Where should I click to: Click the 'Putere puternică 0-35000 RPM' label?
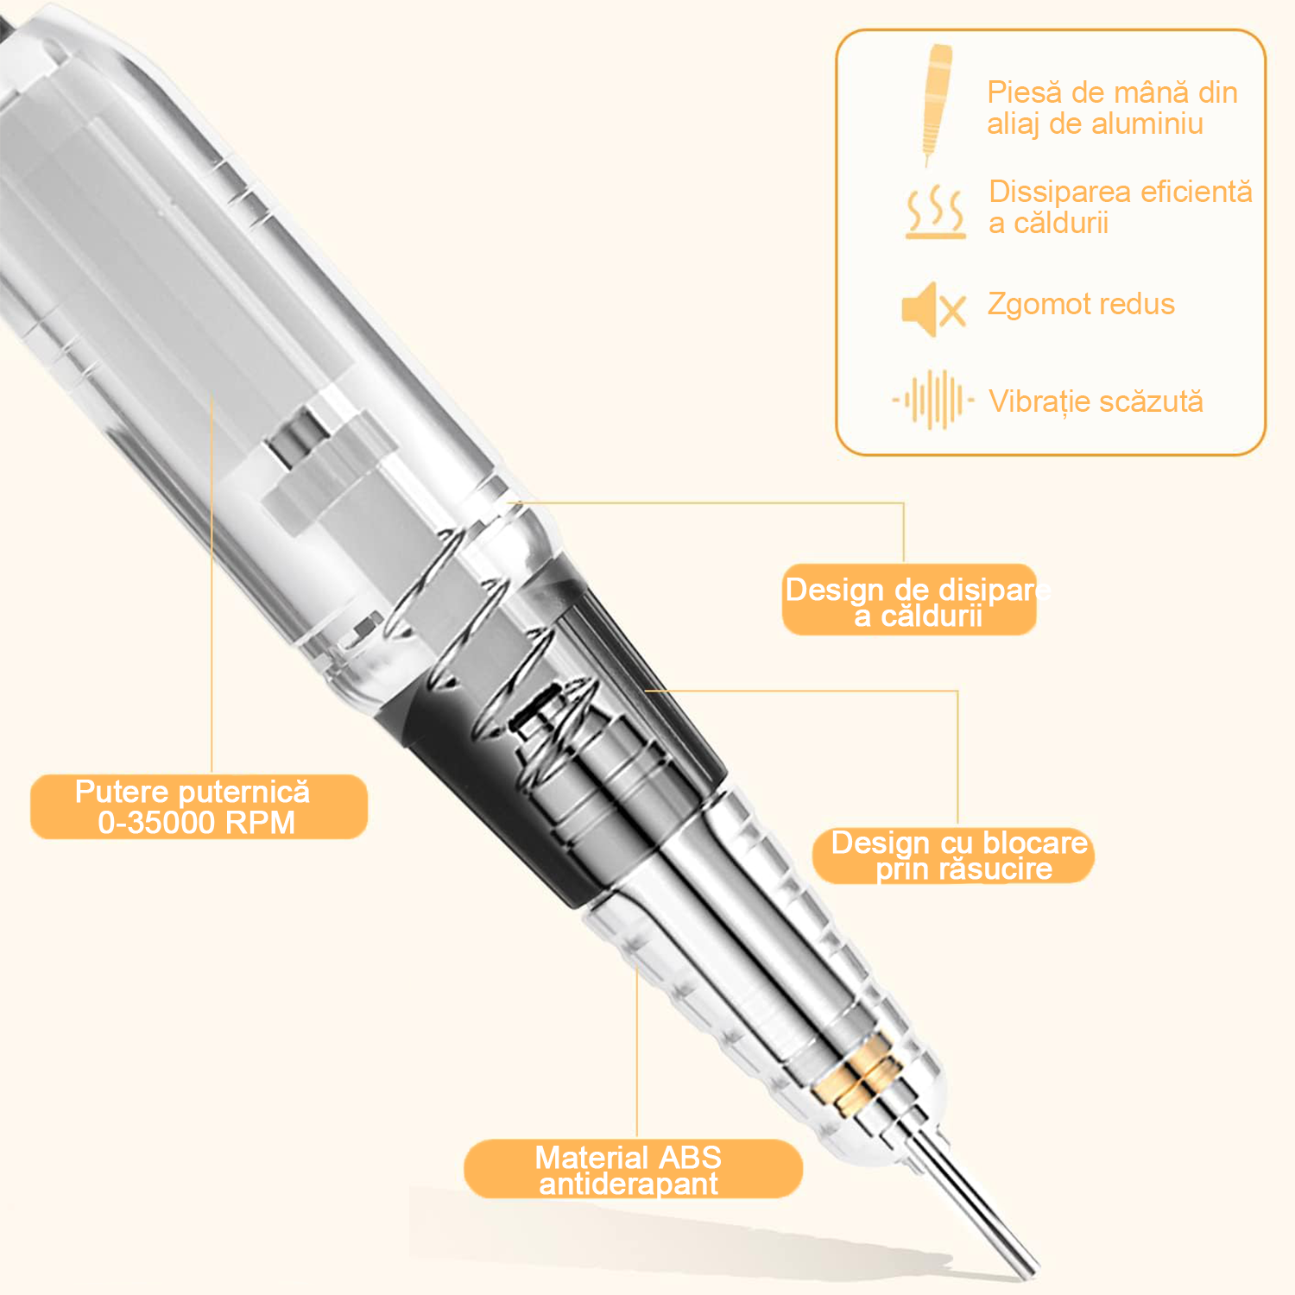(199, 806)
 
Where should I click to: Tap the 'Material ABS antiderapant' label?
(633, 1169)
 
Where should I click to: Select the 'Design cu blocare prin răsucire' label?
(953, 856)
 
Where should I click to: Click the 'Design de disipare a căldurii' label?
(909, 600)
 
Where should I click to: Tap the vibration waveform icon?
(933, 400)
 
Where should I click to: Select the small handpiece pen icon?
(936, 104)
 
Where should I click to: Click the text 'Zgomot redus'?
(1081, 304)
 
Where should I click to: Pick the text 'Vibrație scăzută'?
(1096, 401)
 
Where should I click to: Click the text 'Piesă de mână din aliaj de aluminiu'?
(1112, 108)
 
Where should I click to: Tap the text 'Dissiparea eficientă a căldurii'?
(1121, 207)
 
